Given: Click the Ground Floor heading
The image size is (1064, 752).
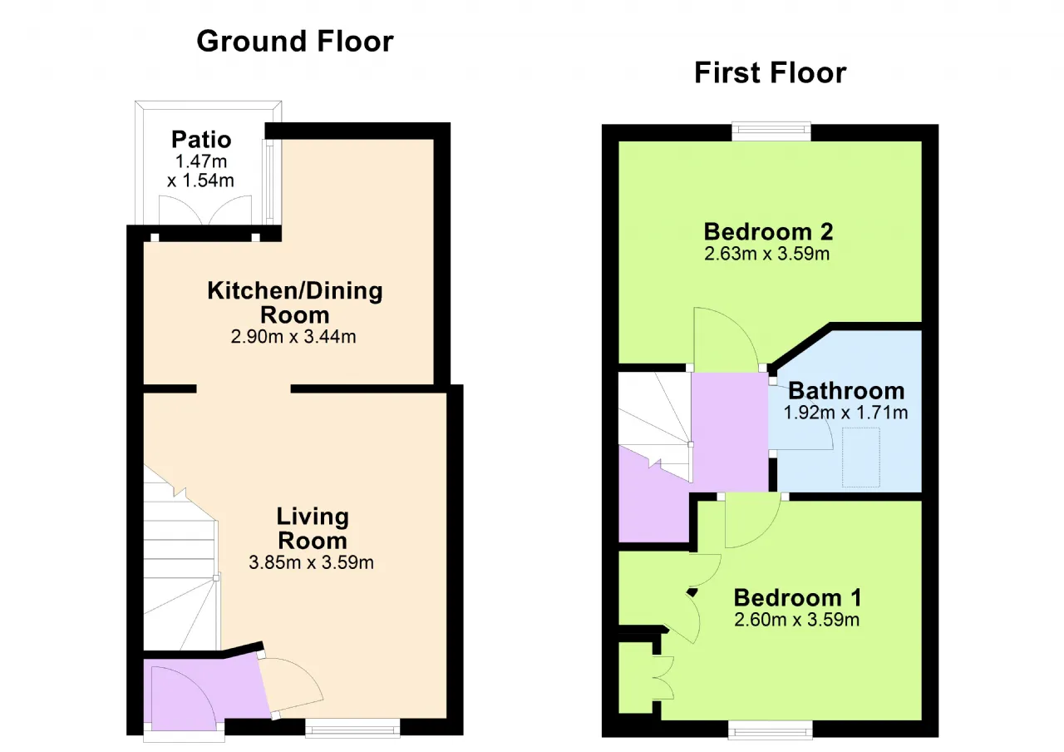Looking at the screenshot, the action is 295,42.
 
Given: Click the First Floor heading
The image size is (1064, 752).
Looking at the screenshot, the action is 770,72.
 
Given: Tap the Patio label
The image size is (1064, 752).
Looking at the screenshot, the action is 201,140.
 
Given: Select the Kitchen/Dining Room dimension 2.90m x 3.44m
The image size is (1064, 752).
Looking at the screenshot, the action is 293,337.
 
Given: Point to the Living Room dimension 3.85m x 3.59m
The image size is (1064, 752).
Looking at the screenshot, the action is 311,562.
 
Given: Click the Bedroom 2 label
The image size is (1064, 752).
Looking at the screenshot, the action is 768,232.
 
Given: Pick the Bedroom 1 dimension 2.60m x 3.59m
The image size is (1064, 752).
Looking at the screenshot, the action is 796,620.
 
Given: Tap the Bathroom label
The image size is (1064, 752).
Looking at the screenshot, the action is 846,391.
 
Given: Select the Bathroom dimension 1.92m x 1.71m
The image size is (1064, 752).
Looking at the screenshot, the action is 845,413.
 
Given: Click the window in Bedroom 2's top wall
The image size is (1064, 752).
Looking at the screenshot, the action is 771,131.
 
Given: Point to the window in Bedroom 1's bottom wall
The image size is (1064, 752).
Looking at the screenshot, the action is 771,730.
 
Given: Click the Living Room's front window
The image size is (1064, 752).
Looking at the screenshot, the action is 352,728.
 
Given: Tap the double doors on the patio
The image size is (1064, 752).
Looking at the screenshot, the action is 204,210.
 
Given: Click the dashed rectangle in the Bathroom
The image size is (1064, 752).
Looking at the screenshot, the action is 860,458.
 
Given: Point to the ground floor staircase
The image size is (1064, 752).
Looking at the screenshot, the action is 180,558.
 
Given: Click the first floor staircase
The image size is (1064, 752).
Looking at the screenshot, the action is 655,425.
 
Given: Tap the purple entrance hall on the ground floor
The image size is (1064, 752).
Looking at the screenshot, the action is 204,690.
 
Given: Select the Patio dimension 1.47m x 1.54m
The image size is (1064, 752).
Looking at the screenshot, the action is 200,171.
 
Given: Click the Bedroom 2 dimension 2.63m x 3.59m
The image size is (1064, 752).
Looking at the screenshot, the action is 766,254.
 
